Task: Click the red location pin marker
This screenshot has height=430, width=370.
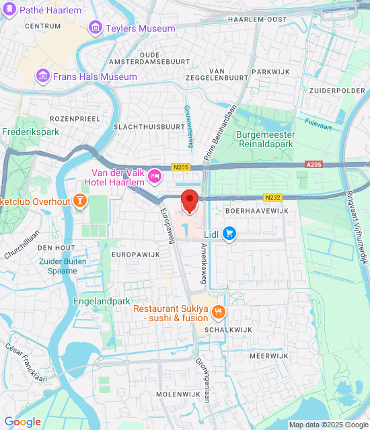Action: click(190, 201)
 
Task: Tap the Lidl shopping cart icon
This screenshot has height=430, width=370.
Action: click(230, 233)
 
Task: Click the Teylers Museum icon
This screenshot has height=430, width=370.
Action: click(96, 28)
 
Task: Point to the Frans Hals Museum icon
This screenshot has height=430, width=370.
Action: click(44, 76)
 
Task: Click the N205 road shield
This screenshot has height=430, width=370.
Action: click(182, 167)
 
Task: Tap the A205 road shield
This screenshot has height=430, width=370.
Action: click(313, 164)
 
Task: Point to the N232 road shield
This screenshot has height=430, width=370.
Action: click(272, 197)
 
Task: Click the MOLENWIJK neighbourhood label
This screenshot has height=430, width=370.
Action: click(174, 394)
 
